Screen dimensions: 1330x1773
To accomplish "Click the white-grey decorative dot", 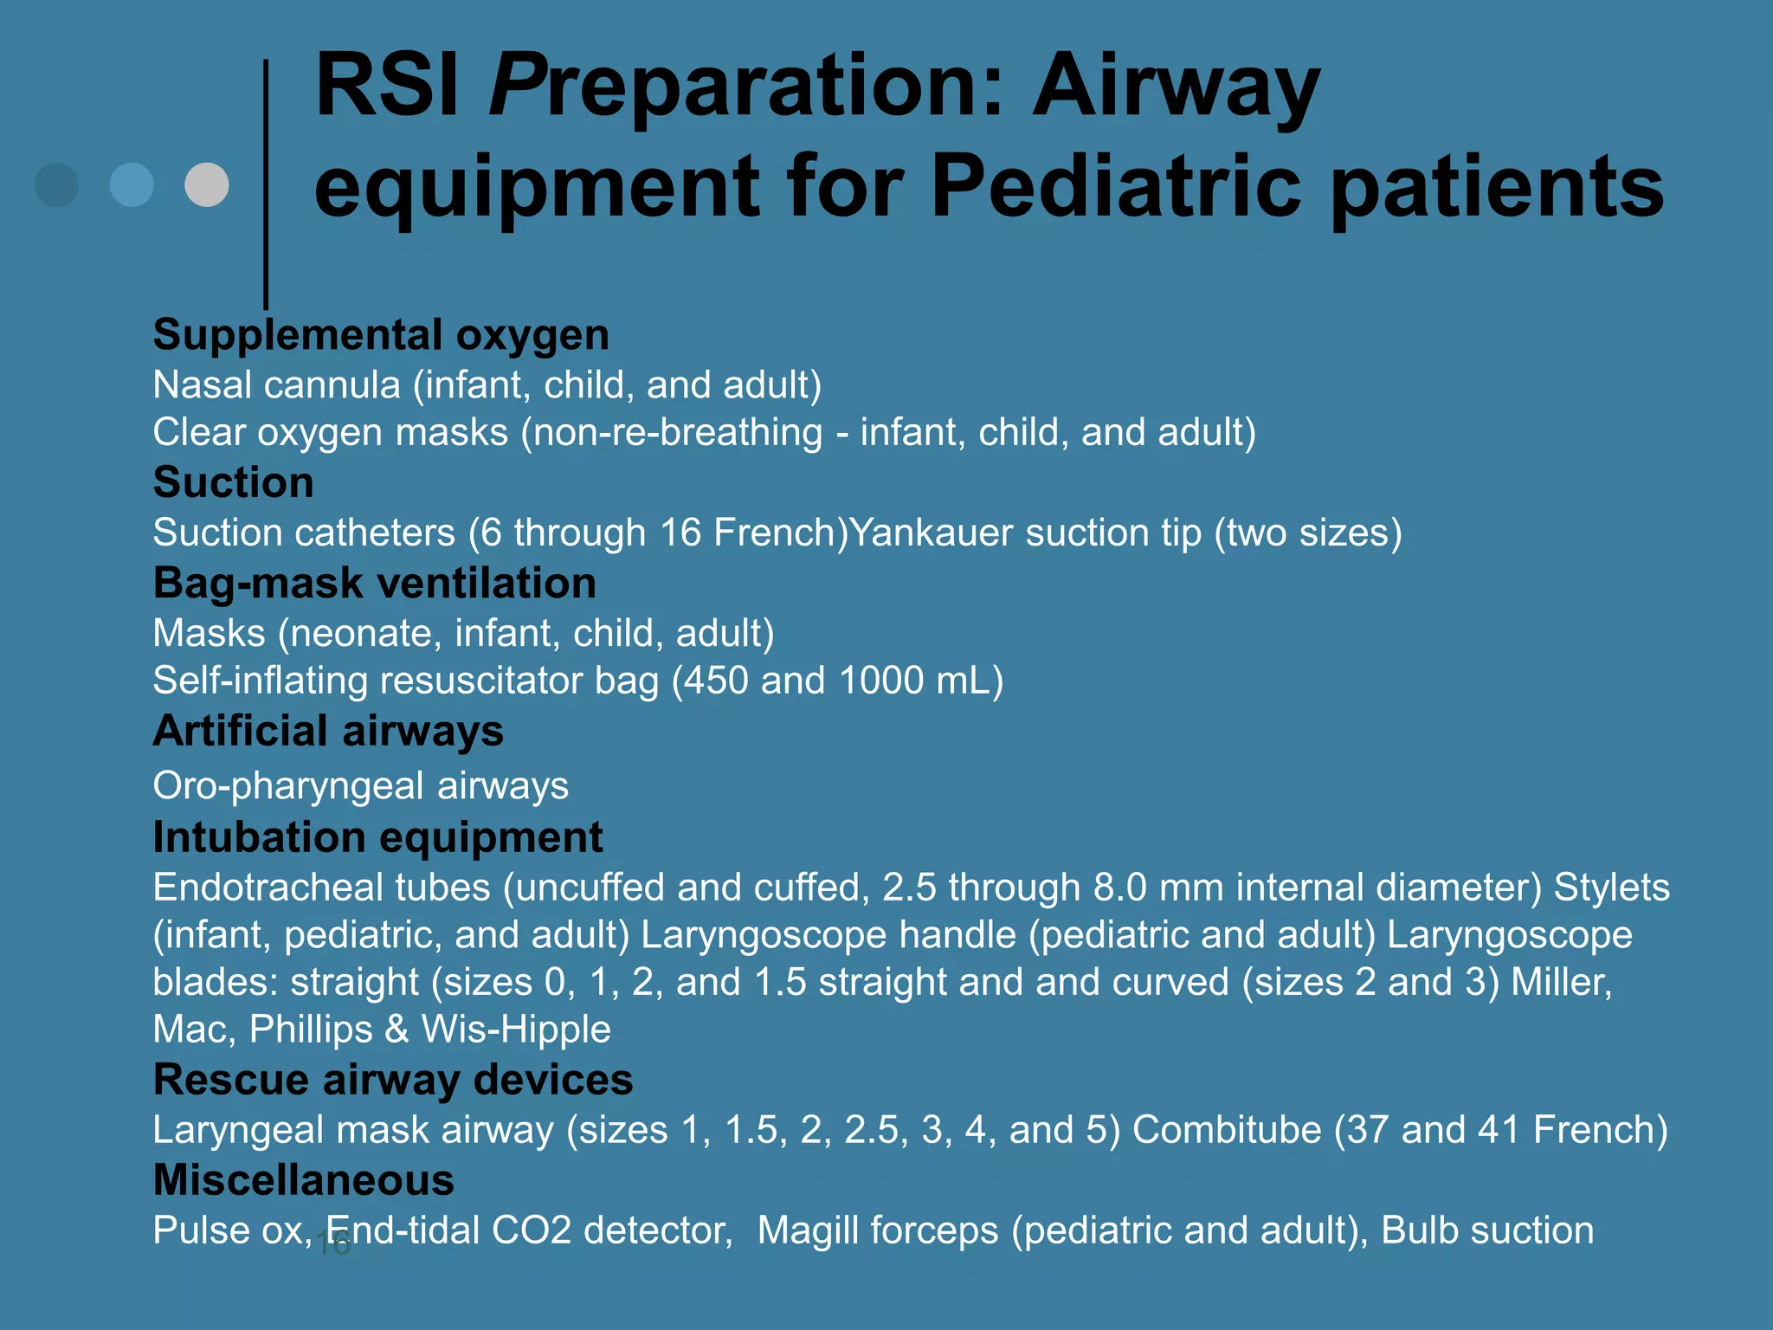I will pos(207,184).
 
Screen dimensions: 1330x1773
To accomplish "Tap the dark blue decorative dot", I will pos(57,184).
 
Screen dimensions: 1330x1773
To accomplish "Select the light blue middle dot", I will pos(132,184).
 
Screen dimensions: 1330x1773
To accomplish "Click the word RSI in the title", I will pos(386,86).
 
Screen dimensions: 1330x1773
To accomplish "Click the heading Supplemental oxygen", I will pos(381,335).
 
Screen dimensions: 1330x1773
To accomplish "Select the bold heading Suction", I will pos(233,482).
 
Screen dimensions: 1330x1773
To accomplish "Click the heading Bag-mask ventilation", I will pos(374,583).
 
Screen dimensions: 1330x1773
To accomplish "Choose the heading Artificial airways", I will pos(328,731).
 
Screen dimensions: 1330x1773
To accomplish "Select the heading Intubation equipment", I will pos(377,837).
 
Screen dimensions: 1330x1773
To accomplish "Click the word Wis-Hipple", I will pos(516,1030).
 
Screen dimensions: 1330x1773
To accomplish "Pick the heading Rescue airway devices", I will pos(392,1080).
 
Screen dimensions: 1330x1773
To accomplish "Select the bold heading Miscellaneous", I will pos(303,1180).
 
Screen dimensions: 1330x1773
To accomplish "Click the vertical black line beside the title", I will pos(266,182).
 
